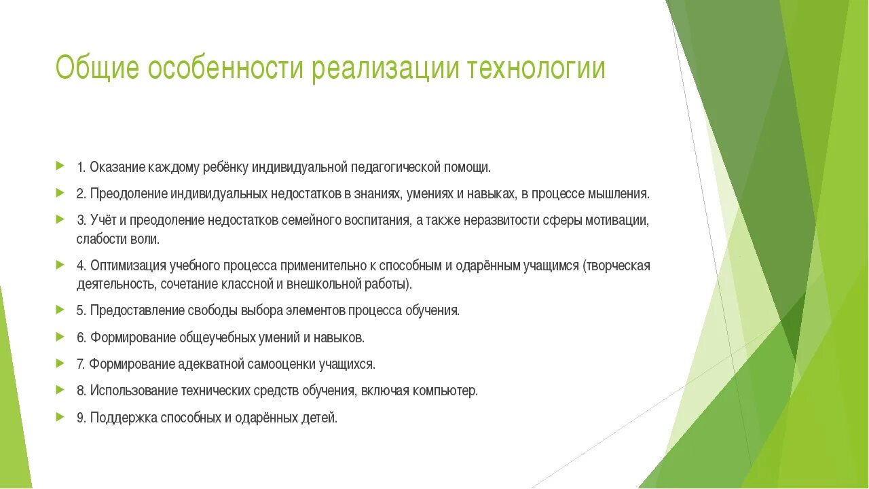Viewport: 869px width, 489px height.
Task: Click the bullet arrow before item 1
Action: point(60,166)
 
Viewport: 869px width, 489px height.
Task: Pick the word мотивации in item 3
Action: point(621,221)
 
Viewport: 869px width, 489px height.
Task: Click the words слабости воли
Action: point(118,239)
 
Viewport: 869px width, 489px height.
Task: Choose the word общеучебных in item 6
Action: point(218,337)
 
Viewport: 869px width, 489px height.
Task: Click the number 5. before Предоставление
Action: point(81,310)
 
